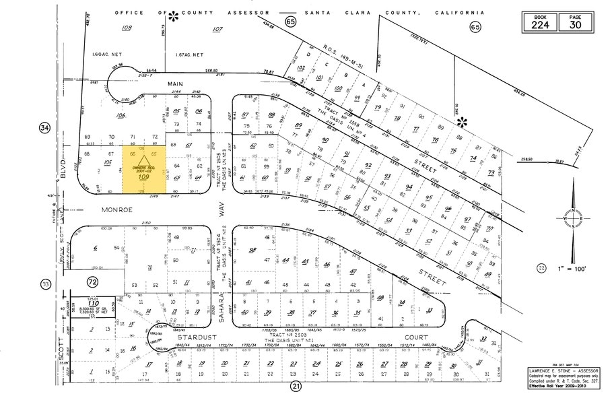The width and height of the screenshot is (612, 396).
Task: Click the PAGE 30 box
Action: point(574,21)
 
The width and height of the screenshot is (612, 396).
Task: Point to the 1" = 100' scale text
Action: point(572,269)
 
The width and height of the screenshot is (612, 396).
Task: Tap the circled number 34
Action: point(45,128)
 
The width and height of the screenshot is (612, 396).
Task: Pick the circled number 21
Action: point(295,386)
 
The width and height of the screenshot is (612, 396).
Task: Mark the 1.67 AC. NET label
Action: point(189,55)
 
